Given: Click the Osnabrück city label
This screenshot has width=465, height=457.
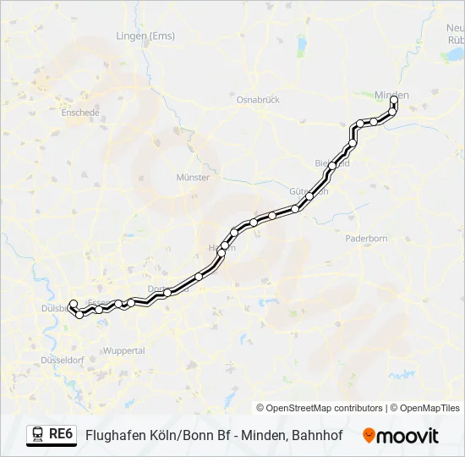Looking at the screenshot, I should coord(258,98).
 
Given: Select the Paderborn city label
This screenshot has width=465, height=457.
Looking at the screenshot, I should coord(366,239).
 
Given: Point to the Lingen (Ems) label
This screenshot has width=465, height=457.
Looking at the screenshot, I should coord(145,36).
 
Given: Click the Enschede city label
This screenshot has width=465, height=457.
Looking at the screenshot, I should coord(80,112).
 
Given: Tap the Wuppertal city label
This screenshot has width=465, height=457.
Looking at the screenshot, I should coord(123,350).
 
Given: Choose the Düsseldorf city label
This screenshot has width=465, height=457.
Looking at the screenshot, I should coord(61,360).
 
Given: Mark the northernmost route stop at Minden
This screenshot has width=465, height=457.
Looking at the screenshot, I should coord(394,100).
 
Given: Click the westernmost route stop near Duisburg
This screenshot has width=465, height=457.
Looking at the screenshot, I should coord(73,304).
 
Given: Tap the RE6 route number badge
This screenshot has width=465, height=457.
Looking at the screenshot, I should coord(61,434).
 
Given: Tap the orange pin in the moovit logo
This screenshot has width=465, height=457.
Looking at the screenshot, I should coord(369,436).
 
